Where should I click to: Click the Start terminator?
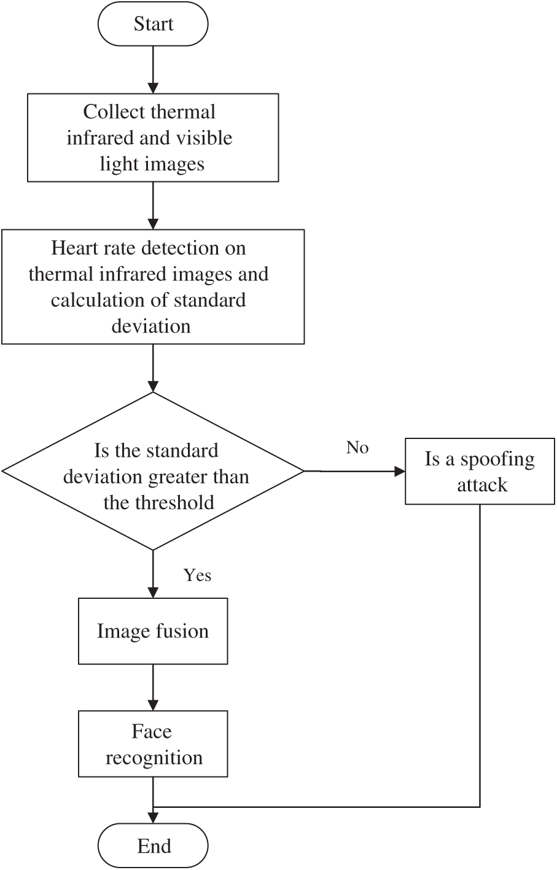coord(153,24)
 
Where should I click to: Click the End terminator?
coord(153,845)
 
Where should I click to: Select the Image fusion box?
coord(153,631)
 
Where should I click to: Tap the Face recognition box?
coord(153,744)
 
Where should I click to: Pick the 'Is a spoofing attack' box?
coord(480,471)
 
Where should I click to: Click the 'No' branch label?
coord(357,448)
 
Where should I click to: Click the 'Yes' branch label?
coord(197,575)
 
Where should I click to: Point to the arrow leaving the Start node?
coord(153,70)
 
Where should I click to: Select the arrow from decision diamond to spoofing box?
coord(354,471)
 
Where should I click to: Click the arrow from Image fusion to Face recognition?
coord(153,687)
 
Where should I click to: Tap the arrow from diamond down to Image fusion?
coord(153,574)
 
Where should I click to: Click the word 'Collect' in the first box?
coord(114,112)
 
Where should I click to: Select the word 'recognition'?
coord(154,757)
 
